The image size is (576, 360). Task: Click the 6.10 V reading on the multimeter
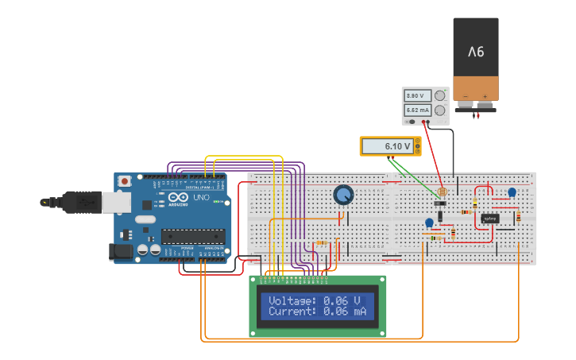[x=397, y=146]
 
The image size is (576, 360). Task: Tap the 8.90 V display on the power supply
[x=418, y=95]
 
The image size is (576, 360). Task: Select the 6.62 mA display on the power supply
[x=418, y=110]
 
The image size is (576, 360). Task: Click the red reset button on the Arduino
[x=125, y=181]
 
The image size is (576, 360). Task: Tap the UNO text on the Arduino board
[x=201, y=197]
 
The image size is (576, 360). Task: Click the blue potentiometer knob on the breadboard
[x=343, y=195]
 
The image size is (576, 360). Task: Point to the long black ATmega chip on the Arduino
[x=193, y=235]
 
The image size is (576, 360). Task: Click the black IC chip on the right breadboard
[x=490, y=218]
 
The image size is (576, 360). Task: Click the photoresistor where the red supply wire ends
[x=442, y=192]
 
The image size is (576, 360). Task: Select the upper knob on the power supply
[x=440, y=95]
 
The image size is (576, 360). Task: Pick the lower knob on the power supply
[x=440, y=110]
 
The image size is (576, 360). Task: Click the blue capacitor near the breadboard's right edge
[x=512, y=192]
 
